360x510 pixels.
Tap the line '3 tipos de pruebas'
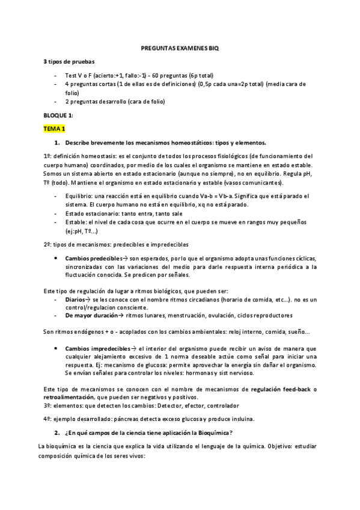pyautogui.click(x=68, y=63)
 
